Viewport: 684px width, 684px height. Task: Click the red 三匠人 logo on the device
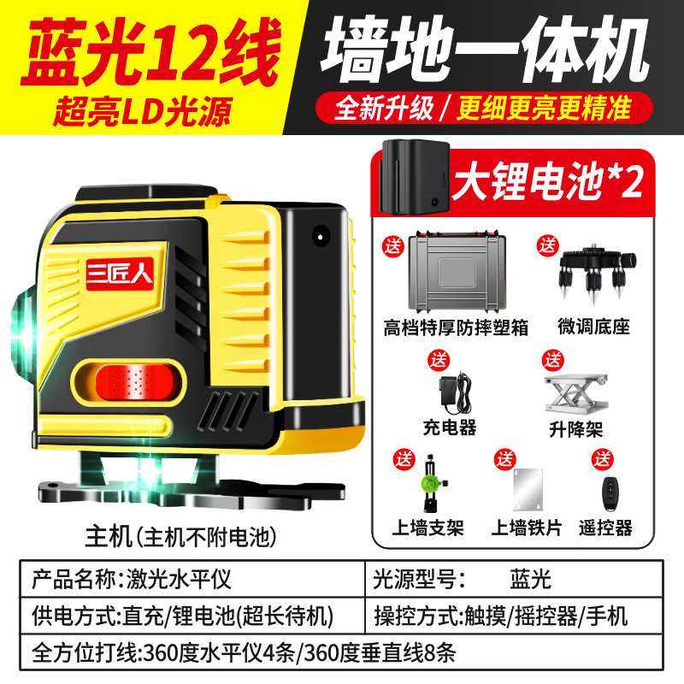[x=120, y=274]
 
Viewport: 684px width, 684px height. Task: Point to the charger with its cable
[x=455, y=392]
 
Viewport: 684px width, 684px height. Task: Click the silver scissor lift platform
[x=575, y=393]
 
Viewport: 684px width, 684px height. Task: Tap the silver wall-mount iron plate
[x=528, y=489]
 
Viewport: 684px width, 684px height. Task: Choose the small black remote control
[x=610, y=494]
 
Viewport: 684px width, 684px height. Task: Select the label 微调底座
[x=593, y=327]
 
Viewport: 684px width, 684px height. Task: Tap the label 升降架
[x=575, y=430]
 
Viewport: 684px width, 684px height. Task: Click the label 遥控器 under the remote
[x=605, y=528]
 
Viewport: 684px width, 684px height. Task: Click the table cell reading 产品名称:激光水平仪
[x=132, y=580]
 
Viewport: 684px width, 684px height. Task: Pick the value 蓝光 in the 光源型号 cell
[x=530, y=580]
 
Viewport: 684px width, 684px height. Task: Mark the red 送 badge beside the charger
[x=438, y=361]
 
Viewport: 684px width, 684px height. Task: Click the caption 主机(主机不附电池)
[x=180, y=537]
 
